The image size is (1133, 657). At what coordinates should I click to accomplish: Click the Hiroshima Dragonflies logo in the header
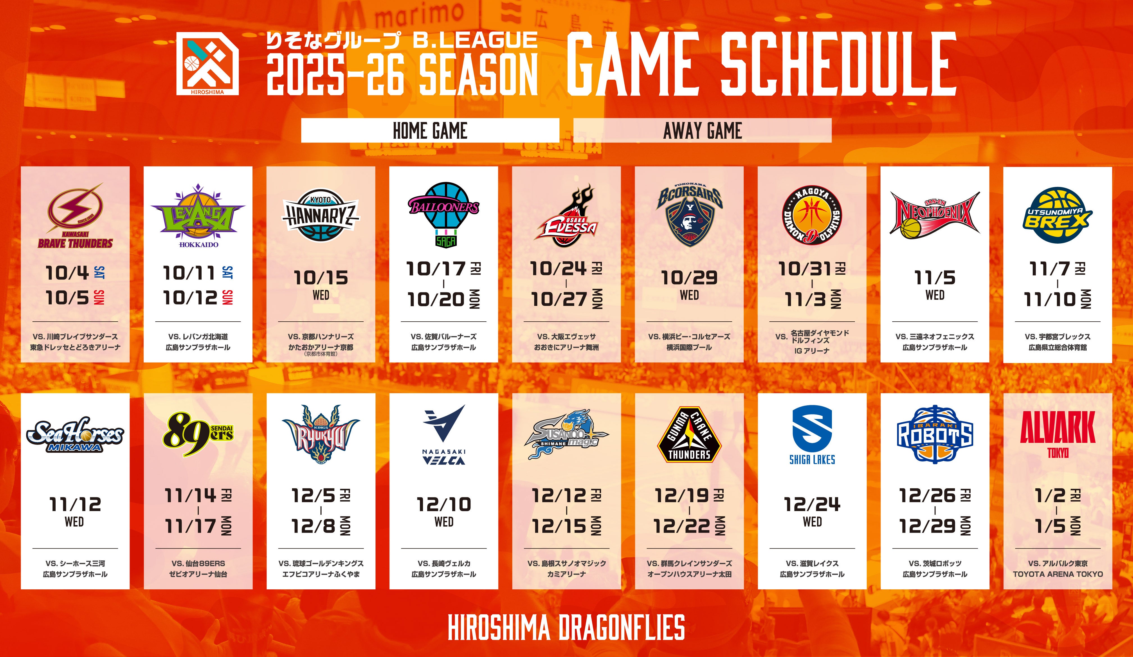pyautogui.click(x=207, y=63)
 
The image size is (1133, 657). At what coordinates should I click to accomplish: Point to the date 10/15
pyautogui.click(x=320, y=278)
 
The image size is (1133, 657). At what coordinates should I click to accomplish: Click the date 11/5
pyautogui.click(x=935, y=278)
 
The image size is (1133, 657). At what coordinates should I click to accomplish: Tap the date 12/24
pyautogui.click(x=812, y=504)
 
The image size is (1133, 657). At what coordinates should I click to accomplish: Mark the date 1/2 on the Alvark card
pyautogui.click(x=1050, y=496)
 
